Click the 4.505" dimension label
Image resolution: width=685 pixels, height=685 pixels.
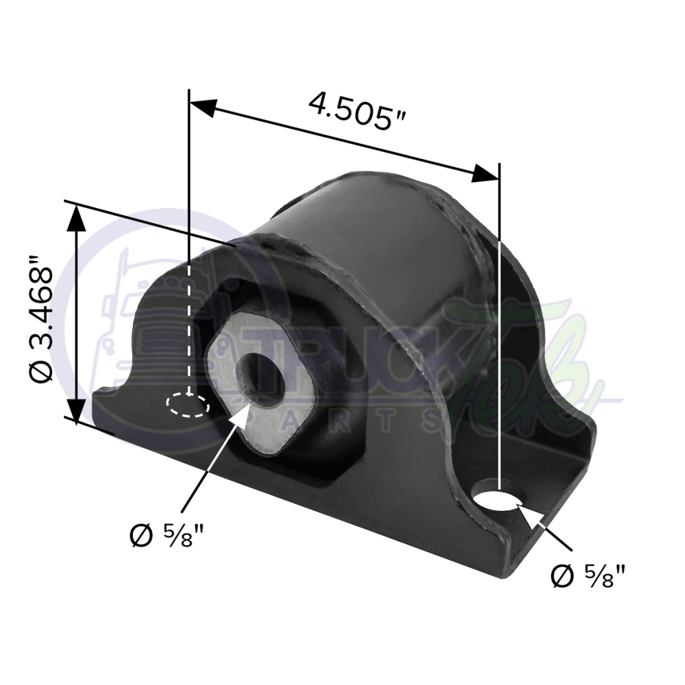click(358, 111)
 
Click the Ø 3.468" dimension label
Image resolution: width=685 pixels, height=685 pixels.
click(42, 319)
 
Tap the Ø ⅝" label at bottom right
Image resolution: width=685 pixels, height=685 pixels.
click(589, 576)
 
